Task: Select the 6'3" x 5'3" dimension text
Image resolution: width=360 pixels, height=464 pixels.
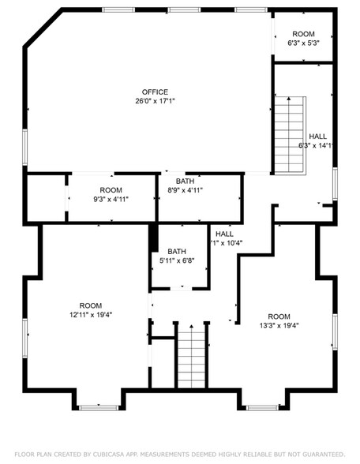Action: coord(303,43)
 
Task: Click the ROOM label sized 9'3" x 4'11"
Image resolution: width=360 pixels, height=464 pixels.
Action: coord(111,190)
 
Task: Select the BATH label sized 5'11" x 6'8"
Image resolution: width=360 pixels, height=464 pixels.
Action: coord(176,251)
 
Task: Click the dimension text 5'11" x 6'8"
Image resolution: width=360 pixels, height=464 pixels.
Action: coord(176,260)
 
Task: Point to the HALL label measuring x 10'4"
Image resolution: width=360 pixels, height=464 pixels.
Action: coord(224,234)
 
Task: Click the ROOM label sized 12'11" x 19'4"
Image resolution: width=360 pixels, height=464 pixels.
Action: coord(90,305)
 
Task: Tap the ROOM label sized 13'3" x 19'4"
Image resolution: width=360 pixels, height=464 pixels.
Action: coord(279,316)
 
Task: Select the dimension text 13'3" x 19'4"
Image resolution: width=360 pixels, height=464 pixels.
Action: coord(279,324)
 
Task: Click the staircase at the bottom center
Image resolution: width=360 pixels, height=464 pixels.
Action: coord(190,359)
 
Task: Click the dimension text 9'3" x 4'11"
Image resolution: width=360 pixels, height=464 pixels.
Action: coord(111,199)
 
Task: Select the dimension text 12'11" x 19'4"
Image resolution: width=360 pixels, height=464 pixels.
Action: coord(90,314)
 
